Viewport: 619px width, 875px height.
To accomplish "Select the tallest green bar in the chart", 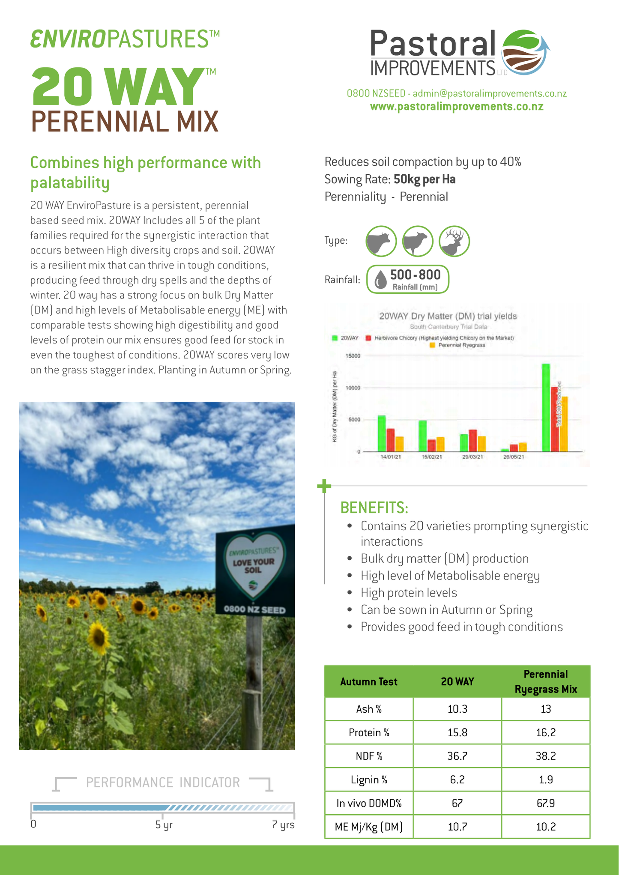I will pos(546,407).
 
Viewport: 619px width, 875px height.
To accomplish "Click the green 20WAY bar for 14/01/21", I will pos(382,433).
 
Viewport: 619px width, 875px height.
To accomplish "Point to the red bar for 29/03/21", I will pos(472,440).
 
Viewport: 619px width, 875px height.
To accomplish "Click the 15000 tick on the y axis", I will pos(353,356).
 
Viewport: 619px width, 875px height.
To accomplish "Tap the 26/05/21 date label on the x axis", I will pos(514,457).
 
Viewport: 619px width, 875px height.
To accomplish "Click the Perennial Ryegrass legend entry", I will pos(461,345).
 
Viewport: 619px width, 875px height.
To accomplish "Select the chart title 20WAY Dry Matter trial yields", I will pos(448,316).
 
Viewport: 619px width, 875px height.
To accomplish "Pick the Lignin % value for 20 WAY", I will pos(457,779).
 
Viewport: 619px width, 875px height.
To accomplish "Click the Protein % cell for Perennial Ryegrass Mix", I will pos(545,732).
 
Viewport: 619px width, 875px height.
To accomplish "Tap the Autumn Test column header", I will pos(368,681).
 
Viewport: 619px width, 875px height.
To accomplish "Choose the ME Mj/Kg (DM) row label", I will pos(368,827).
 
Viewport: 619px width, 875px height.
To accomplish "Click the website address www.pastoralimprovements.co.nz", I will pos(456,107).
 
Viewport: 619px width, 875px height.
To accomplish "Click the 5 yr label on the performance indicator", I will pos(164,824).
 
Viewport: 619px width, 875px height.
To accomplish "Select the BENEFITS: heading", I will pos(374,508).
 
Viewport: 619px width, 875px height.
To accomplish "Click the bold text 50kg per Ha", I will pos(424,179).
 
